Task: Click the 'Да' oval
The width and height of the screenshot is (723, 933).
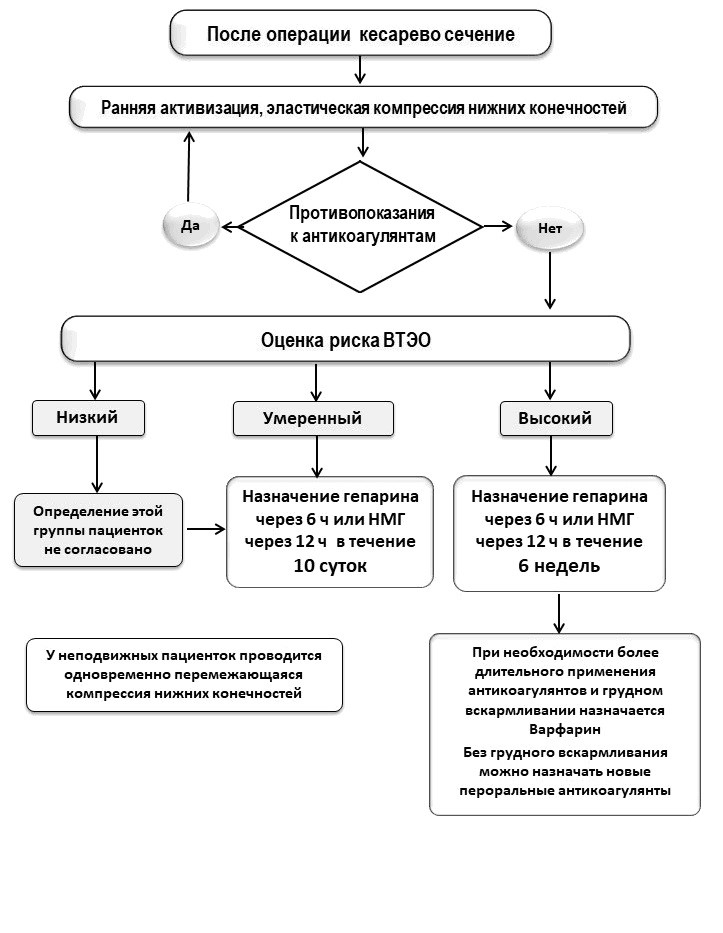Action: (190, 226)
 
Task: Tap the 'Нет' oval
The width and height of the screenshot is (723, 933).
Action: (550, 228)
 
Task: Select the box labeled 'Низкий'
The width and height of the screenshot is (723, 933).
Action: (88, 418)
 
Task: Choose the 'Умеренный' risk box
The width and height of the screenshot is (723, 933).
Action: (313, 418)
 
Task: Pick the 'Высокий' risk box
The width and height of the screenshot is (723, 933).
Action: (556, 418)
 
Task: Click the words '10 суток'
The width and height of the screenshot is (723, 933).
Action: (330, 565)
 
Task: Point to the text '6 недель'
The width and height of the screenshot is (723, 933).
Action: (559, 565)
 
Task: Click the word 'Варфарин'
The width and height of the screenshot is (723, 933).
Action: (565, 729)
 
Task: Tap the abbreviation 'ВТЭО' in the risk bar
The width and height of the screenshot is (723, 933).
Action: (407, 340)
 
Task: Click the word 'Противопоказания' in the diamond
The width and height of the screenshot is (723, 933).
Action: (362, 212)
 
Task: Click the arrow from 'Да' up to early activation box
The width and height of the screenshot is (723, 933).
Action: (189, 167)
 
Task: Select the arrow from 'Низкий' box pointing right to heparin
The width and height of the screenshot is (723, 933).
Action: (206, 528)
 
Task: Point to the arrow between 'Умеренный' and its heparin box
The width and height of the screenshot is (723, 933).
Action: (317, 457)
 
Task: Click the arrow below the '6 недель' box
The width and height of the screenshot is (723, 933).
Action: (559, 613)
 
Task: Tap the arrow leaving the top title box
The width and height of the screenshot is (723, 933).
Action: (359, 70)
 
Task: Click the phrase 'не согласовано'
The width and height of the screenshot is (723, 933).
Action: (98, 549)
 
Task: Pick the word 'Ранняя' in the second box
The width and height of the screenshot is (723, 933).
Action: (128, 108)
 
